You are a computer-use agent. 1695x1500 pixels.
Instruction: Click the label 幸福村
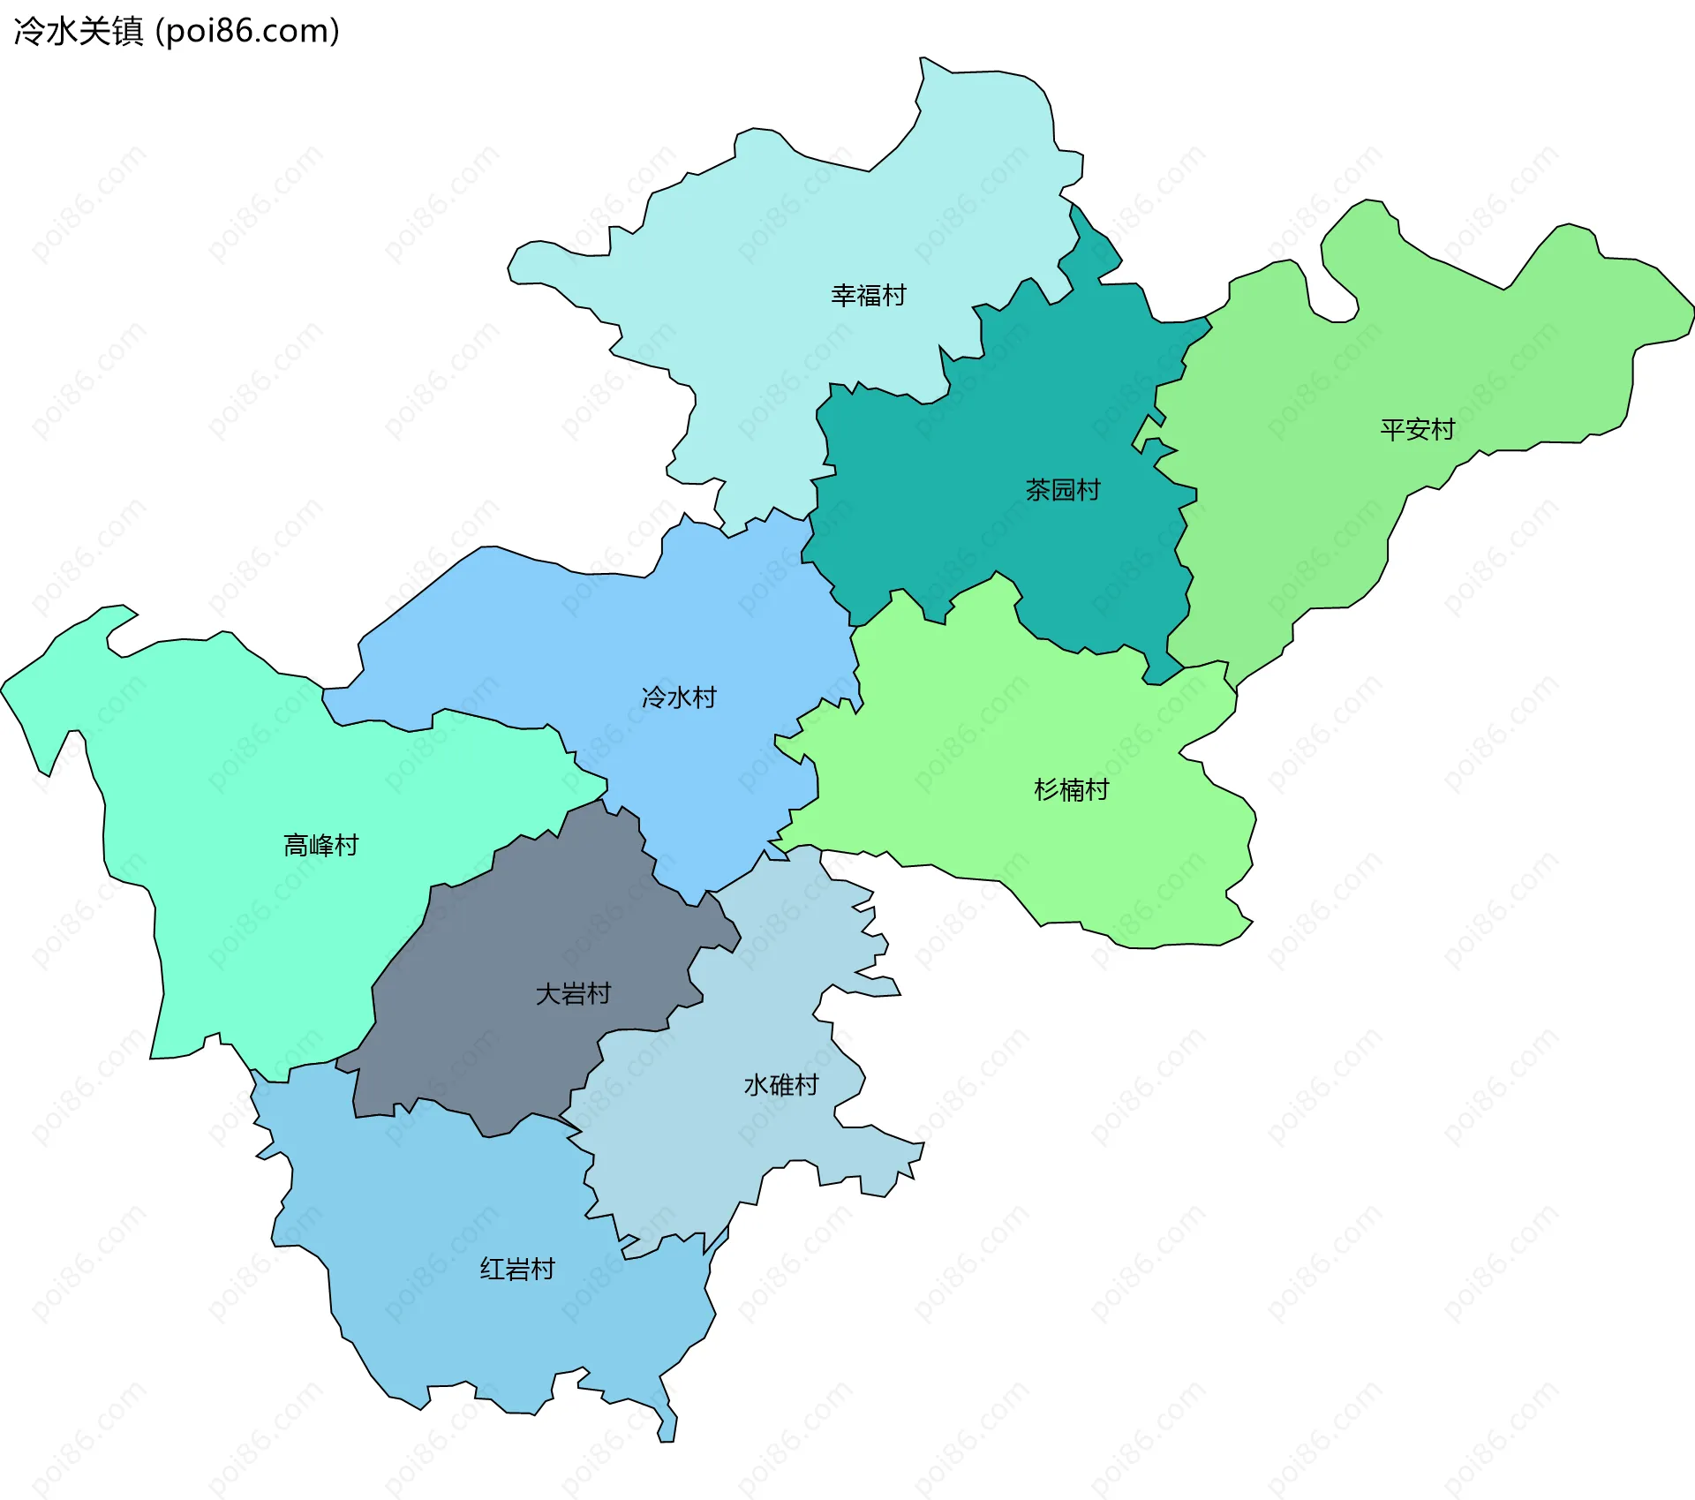click(869, 295)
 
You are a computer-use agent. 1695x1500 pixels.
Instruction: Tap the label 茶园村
click(1063, 490)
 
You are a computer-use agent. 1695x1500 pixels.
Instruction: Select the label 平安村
click(1418, 430)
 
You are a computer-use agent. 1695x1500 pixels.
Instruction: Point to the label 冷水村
click(679, 697)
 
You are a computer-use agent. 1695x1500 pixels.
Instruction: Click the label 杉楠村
click(1072, 789)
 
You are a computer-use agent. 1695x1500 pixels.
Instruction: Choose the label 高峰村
click(321, 846)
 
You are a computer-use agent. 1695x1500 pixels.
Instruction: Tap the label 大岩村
click(574, 994)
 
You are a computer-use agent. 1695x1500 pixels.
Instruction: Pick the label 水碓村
click(782, 1085)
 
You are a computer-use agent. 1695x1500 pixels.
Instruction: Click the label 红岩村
click(517, 1270)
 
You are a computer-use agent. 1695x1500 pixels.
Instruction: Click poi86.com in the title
click(247, 32)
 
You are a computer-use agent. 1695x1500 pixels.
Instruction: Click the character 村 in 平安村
click(1443, 430)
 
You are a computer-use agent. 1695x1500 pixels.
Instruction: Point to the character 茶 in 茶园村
click(1037, 490)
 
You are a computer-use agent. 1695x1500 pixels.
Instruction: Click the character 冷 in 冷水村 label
click(654, 697)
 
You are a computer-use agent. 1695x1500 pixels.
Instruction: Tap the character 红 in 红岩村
click(492, 1270)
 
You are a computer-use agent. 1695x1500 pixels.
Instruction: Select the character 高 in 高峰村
click(296, 846)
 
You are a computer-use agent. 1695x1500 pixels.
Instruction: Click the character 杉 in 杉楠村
click(1046, 789)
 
